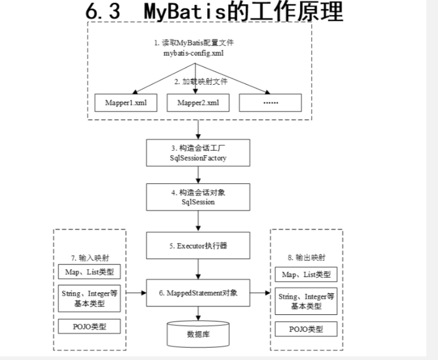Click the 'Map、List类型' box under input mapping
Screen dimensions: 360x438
(89, 273)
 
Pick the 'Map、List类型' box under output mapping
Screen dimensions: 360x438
(306, 274)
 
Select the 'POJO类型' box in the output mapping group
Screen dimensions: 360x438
(306, 329)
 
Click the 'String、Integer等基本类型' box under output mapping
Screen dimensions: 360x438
(306, 302)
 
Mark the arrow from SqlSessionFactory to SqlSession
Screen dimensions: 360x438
(198, 174)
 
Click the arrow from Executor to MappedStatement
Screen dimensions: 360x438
(198, 269)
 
